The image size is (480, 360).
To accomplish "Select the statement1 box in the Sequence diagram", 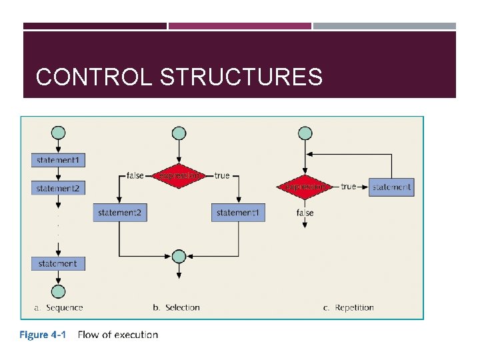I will click(x=58, y=160).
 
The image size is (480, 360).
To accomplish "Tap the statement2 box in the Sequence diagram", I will click(x=58, y=189).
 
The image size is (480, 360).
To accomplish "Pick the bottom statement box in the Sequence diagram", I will click(x=58, y=263).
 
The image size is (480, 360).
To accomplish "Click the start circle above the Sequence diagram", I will click(x=58, y=133).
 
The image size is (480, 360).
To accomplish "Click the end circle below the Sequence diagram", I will click(x=58, y=291).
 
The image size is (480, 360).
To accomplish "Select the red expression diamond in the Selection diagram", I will click(x=179, y=176).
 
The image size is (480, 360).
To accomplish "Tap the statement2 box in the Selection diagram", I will click(x=119, y=213).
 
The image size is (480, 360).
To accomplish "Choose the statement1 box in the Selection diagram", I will click(x=238, y=213).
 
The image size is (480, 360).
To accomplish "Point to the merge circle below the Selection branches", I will click(x=179, y=257).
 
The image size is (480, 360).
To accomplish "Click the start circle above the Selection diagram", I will click(x=179, y=133).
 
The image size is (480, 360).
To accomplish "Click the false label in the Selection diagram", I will click(x=135, y=176).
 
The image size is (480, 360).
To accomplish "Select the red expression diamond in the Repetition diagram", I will click(x=305, y=187).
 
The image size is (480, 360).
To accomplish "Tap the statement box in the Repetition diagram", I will click(x=391, y=187).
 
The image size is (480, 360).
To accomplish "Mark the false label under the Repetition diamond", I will click(x=305, y=213).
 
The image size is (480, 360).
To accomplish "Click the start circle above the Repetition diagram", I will click(x=305, y=133).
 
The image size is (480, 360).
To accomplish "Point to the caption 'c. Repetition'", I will click(x=349, y=307).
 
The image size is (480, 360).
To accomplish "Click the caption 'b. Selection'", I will click(x=176, y=307).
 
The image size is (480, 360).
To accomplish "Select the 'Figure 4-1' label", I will click(x=42, y=335).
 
